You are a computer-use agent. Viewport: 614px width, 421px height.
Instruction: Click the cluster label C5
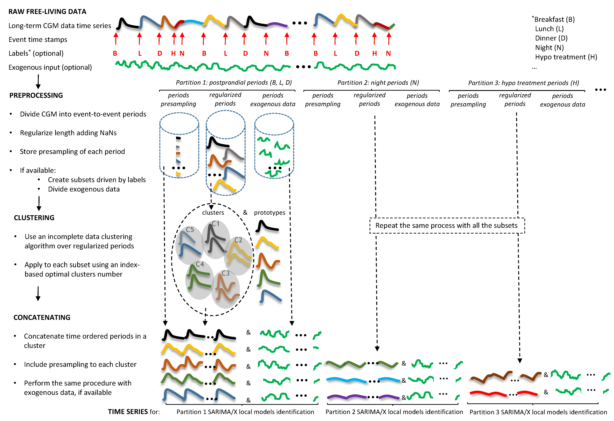pyautogui.click(x=190, y=230)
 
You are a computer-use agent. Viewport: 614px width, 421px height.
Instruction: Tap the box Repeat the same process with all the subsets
pyautogui.click(x=446, y=225)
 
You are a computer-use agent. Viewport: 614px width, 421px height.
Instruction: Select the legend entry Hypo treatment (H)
pyautogui.click(x=566, y=57)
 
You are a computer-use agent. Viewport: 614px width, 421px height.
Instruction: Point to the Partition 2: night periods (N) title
pyautogui.click(x=378, y=83)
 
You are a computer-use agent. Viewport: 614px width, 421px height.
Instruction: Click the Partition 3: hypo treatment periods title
pyautogui.click(x=523, y=83)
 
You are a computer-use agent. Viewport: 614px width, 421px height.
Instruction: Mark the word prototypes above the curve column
pyautogui.click(x=269, y=213)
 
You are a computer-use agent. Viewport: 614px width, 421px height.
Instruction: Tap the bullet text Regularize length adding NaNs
pyautogui.click(x=68, y=133)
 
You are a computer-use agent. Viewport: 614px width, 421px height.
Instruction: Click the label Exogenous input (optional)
pyautogui.click(x=50, y=67)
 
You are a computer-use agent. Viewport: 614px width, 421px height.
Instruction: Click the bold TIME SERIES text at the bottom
pyautogui.click(x=128, y=412)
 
